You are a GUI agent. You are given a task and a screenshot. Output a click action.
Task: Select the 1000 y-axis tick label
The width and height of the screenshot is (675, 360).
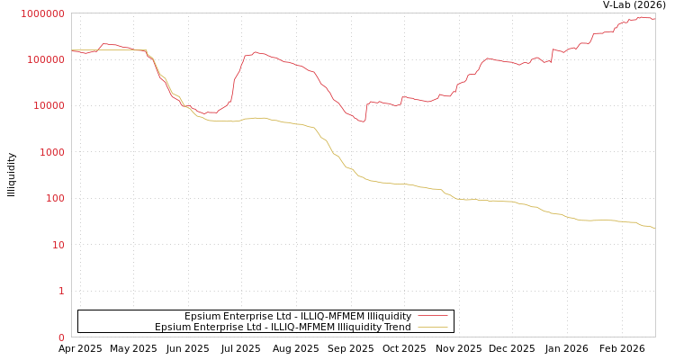51,152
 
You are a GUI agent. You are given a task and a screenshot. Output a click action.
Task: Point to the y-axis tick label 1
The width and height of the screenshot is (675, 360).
61,291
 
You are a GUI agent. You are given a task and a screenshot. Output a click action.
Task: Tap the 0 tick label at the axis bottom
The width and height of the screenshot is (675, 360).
61,337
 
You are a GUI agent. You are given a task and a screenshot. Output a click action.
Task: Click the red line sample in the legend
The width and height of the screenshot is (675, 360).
433,316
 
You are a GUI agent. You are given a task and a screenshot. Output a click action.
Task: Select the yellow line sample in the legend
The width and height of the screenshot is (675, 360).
433,327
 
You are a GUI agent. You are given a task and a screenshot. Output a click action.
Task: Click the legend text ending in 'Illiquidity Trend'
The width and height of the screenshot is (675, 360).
283,327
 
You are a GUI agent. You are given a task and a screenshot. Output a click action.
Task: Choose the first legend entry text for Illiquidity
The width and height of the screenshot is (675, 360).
298,316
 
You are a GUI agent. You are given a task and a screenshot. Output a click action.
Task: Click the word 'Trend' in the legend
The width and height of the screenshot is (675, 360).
396,327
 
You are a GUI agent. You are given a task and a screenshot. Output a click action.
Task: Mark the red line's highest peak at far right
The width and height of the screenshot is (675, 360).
640,16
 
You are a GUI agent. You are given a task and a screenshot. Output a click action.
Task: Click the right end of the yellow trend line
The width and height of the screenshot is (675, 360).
654,228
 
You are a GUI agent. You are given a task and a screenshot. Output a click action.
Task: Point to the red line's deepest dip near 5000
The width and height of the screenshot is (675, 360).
362,121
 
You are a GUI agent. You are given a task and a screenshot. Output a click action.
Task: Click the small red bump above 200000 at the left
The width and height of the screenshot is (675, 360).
104,43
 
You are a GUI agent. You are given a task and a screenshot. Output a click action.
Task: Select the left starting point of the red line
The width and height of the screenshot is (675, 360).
72,50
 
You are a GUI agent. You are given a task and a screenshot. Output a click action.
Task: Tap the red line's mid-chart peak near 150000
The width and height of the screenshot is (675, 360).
256,52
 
